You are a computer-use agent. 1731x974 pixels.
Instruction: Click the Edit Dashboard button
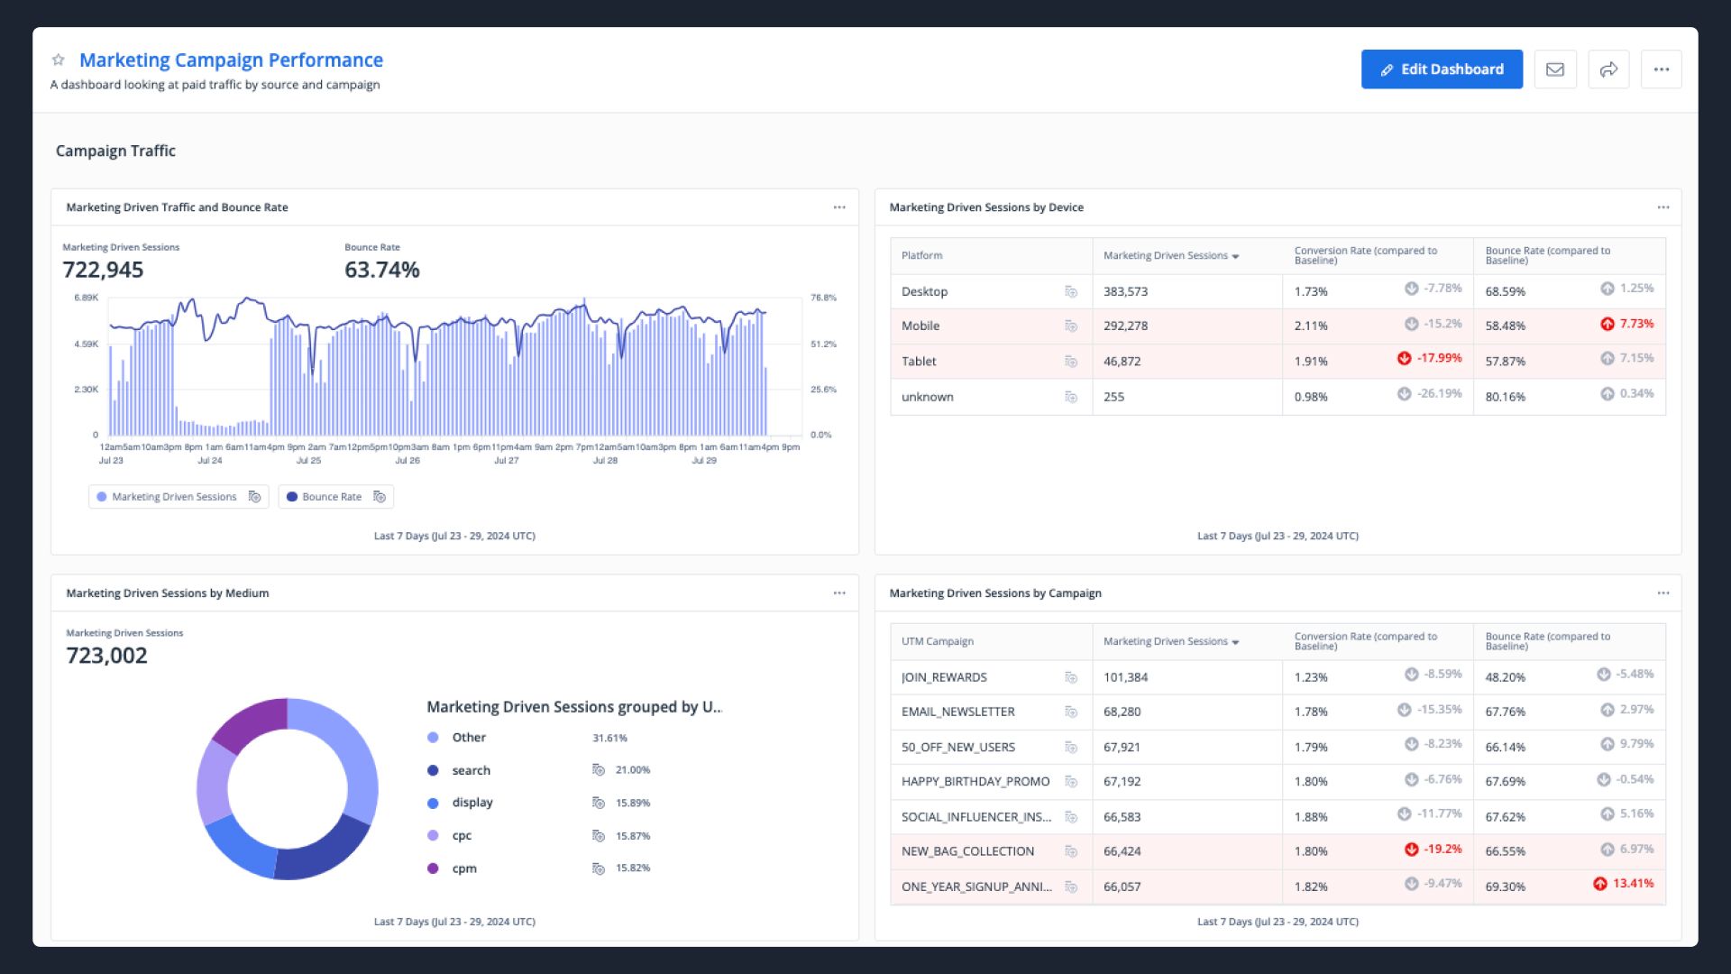[x=1441, y=69]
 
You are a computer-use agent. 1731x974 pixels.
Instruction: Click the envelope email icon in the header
[x=1554, y=69]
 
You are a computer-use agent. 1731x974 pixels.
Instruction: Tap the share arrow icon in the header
[x=1607, y=69]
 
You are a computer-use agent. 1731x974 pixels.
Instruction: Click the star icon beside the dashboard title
[x=59, y=60]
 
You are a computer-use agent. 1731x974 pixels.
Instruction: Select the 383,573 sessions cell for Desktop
[x=1125, y=291]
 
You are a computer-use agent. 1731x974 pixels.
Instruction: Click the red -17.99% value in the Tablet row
[x=1438, y=358]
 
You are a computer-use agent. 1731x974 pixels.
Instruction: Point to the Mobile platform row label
[x=920, y=326]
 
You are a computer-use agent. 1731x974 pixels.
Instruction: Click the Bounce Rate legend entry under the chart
[x=331, y=497]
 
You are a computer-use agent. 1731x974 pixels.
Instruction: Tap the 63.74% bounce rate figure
[x=381, y=270]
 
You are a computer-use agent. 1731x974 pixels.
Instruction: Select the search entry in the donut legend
[x=471, y=770]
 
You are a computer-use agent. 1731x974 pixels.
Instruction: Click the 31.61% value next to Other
[x=609, y=738]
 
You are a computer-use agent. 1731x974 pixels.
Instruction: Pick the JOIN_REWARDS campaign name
[x=943, y=677]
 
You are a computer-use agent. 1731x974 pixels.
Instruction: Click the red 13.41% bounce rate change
[x=1632, y=883]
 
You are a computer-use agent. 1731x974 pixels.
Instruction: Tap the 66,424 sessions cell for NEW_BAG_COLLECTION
[x=1122, y=851]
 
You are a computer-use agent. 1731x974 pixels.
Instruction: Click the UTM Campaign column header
[x=937, y=641]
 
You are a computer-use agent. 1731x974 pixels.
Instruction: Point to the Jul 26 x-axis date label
[x=408, y=460]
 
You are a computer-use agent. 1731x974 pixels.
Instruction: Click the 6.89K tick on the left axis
[x=87, y=298]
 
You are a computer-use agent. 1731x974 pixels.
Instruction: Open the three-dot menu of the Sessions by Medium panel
[x=838, y=593]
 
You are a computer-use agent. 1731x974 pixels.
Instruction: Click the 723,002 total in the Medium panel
[x=106, y=656]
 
